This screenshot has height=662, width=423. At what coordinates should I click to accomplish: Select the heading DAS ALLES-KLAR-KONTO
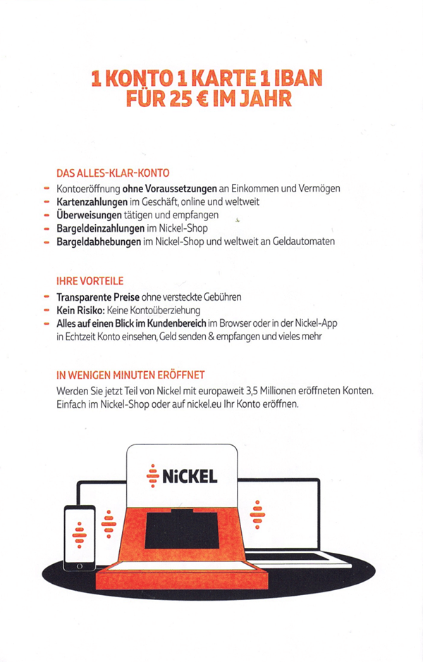click(113, 173)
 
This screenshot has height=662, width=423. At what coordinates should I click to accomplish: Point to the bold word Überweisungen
click(90, 215)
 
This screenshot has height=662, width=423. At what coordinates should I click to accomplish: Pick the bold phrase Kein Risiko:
click(80, 310)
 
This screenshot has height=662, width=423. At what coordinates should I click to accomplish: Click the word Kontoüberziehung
click(164, 310)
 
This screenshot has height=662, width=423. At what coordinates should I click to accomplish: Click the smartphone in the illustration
click(79, 537)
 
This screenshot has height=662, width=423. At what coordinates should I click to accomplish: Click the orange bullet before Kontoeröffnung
click(47, 189)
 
